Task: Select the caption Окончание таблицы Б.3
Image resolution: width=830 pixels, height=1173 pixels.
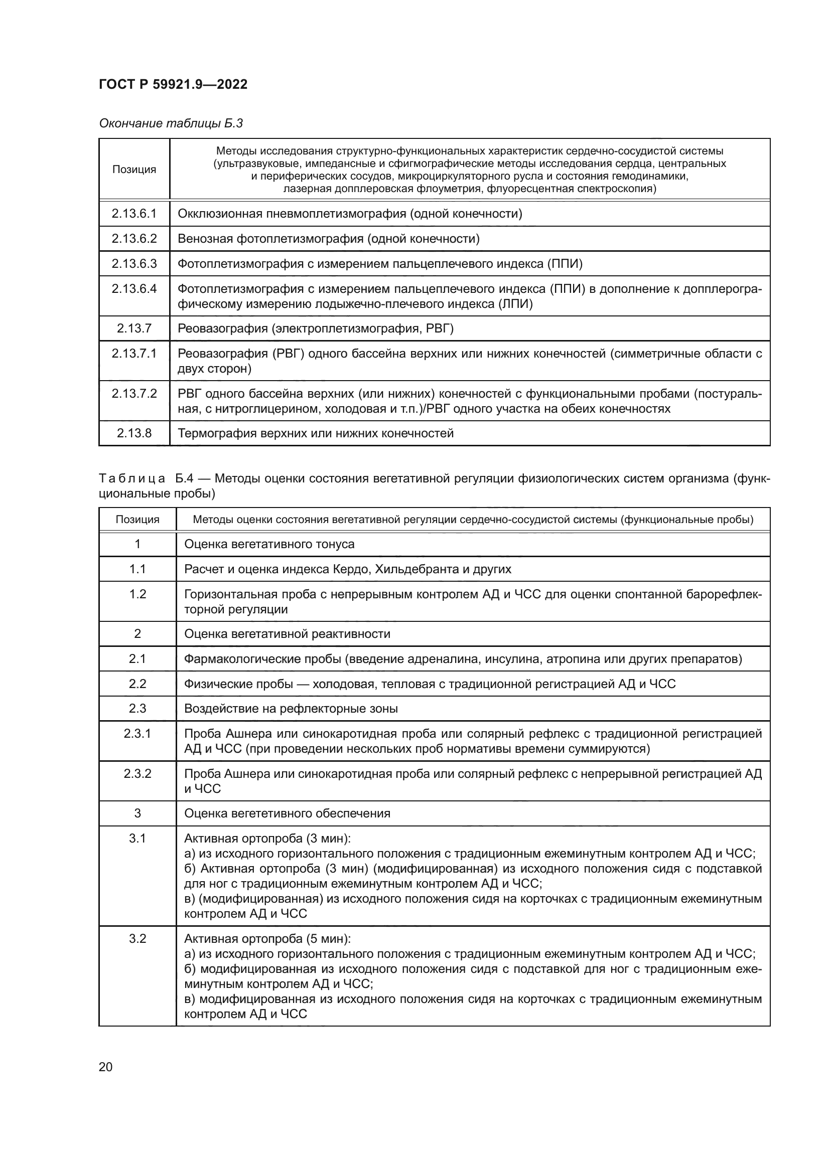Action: [x=171, y=123]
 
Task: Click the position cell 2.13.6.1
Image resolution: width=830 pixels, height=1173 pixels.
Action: [x=134, y=214]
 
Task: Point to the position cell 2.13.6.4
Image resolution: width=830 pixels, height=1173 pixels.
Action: [x=134, y=289]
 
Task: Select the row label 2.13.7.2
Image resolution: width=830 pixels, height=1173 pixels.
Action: [x=134, y=393]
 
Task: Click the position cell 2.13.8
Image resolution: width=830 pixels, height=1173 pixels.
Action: [x=134, y=433]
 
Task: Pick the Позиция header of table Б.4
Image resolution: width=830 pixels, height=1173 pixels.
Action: [x=137, y=520]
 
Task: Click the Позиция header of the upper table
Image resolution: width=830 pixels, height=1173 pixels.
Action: [x=134, y=169]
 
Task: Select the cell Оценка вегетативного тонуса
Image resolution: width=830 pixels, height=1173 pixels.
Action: [x=269, y=544]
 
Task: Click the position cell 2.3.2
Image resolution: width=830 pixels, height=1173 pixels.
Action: [x=137, y=773]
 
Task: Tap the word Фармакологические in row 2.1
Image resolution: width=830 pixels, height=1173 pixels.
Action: [x=242, y=659]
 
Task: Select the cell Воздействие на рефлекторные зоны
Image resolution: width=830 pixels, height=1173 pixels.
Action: [x=290, y=709]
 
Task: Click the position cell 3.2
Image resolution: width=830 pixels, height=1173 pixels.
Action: [x=137, y=938]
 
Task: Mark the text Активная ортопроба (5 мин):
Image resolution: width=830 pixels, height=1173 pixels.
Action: [x=267, y=938]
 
